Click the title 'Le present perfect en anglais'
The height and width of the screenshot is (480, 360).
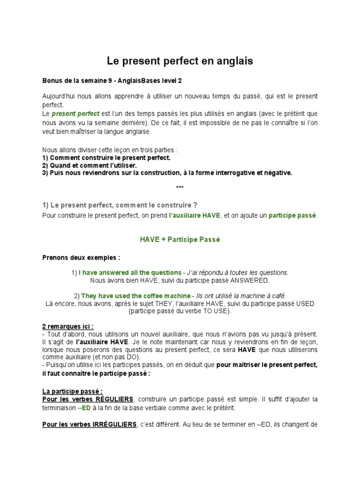tap(180, 61)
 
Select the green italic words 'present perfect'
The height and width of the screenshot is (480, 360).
tap(75, 114)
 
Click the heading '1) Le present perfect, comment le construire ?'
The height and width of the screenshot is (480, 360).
tap(120, 205)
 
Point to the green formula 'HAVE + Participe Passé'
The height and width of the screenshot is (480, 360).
tap(180, 240)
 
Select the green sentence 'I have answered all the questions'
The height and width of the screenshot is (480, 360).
tap(130, 272)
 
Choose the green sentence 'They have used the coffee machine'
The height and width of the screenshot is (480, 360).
tap(136, 296)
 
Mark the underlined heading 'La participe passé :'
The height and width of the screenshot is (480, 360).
tap(73, 391)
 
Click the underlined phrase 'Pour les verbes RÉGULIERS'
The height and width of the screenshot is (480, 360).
tap(88, 399)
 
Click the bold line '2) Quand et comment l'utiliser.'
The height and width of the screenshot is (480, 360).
tap(90, 165)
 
